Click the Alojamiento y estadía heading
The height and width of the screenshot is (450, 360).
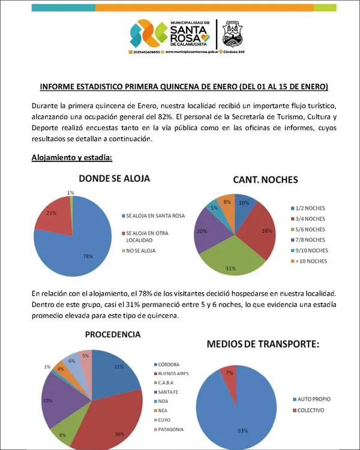tap(71, 158)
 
